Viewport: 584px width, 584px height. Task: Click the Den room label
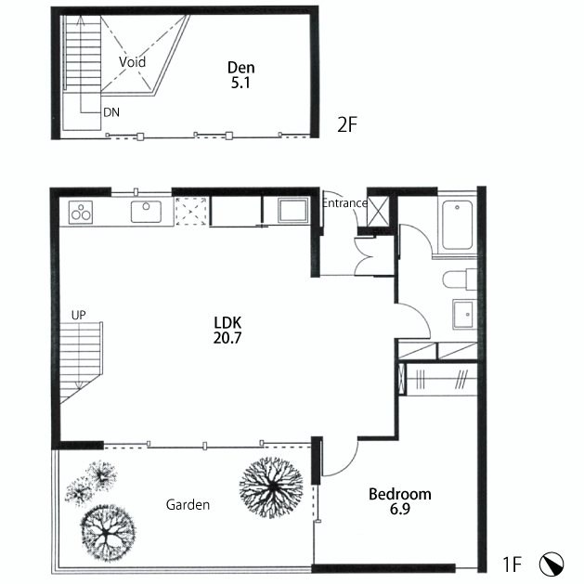pos(241,68)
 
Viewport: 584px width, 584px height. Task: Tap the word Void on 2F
pos(132,62)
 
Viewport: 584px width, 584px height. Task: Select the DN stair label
pos(111,112)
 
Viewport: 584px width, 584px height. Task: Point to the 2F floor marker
pos(347,124)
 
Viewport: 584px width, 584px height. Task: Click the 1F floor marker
pos(513,565)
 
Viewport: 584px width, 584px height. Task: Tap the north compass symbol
pos(552,564)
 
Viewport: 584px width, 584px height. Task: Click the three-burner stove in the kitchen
pos(81,213)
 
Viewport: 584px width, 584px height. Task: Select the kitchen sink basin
pos(146,212)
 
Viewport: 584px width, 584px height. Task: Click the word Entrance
pos(344,203)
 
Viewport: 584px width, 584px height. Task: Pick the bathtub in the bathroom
pos(458,225)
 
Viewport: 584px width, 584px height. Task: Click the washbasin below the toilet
pos(464,314)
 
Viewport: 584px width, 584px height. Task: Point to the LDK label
pos(227,322)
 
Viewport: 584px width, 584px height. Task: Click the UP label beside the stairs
pos(78,315)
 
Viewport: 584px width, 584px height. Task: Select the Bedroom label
pos(400,494)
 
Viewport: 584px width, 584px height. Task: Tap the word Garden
pos(188,505)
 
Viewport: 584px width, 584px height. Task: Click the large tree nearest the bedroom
pos(271,487)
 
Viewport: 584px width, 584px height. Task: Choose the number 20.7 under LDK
pos(227,338)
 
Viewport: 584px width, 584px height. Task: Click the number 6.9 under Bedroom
pos(400,509)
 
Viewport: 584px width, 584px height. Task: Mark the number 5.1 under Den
pos(240,83)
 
